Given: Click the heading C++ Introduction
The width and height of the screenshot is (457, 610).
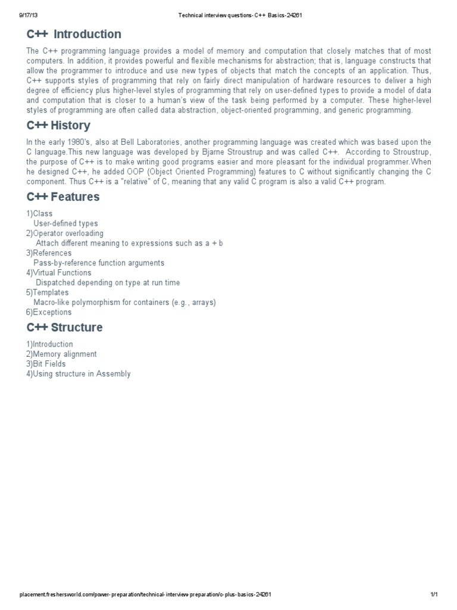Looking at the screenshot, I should [x=74, y=34].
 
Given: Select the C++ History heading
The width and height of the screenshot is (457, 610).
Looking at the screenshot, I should [x=58, y=125].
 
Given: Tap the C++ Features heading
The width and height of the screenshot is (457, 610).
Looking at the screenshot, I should [x=63, y=197].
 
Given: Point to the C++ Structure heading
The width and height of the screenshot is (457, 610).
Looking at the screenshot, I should [x=64, y=327].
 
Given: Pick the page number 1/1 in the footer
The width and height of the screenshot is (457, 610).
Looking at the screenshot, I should [x=434, y=595].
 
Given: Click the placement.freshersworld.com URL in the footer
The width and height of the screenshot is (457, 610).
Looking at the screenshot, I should [x=146, y=595].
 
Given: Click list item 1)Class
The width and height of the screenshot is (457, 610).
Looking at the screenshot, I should [x=39, y=213].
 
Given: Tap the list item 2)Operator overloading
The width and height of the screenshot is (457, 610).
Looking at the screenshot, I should [x=65, y=233].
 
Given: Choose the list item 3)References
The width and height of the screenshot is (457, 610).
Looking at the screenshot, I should [x=49, y=253].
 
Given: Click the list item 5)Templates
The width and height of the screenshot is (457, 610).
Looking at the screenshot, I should [x=48, y=292].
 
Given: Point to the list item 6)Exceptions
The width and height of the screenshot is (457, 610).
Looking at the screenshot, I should [x=49, y=312].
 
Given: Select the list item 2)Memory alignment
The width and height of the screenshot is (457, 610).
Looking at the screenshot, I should [x=61, y=354].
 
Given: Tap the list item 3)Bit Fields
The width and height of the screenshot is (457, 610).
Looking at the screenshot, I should [x=46, y=363].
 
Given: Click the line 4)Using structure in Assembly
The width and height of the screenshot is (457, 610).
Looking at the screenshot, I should [x=78, y=374].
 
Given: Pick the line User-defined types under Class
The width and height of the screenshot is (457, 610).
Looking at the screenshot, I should [x=65, y=223].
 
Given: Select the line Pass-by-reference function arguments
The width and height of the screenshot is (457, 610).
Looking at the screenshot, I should [x=99, y=263].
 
